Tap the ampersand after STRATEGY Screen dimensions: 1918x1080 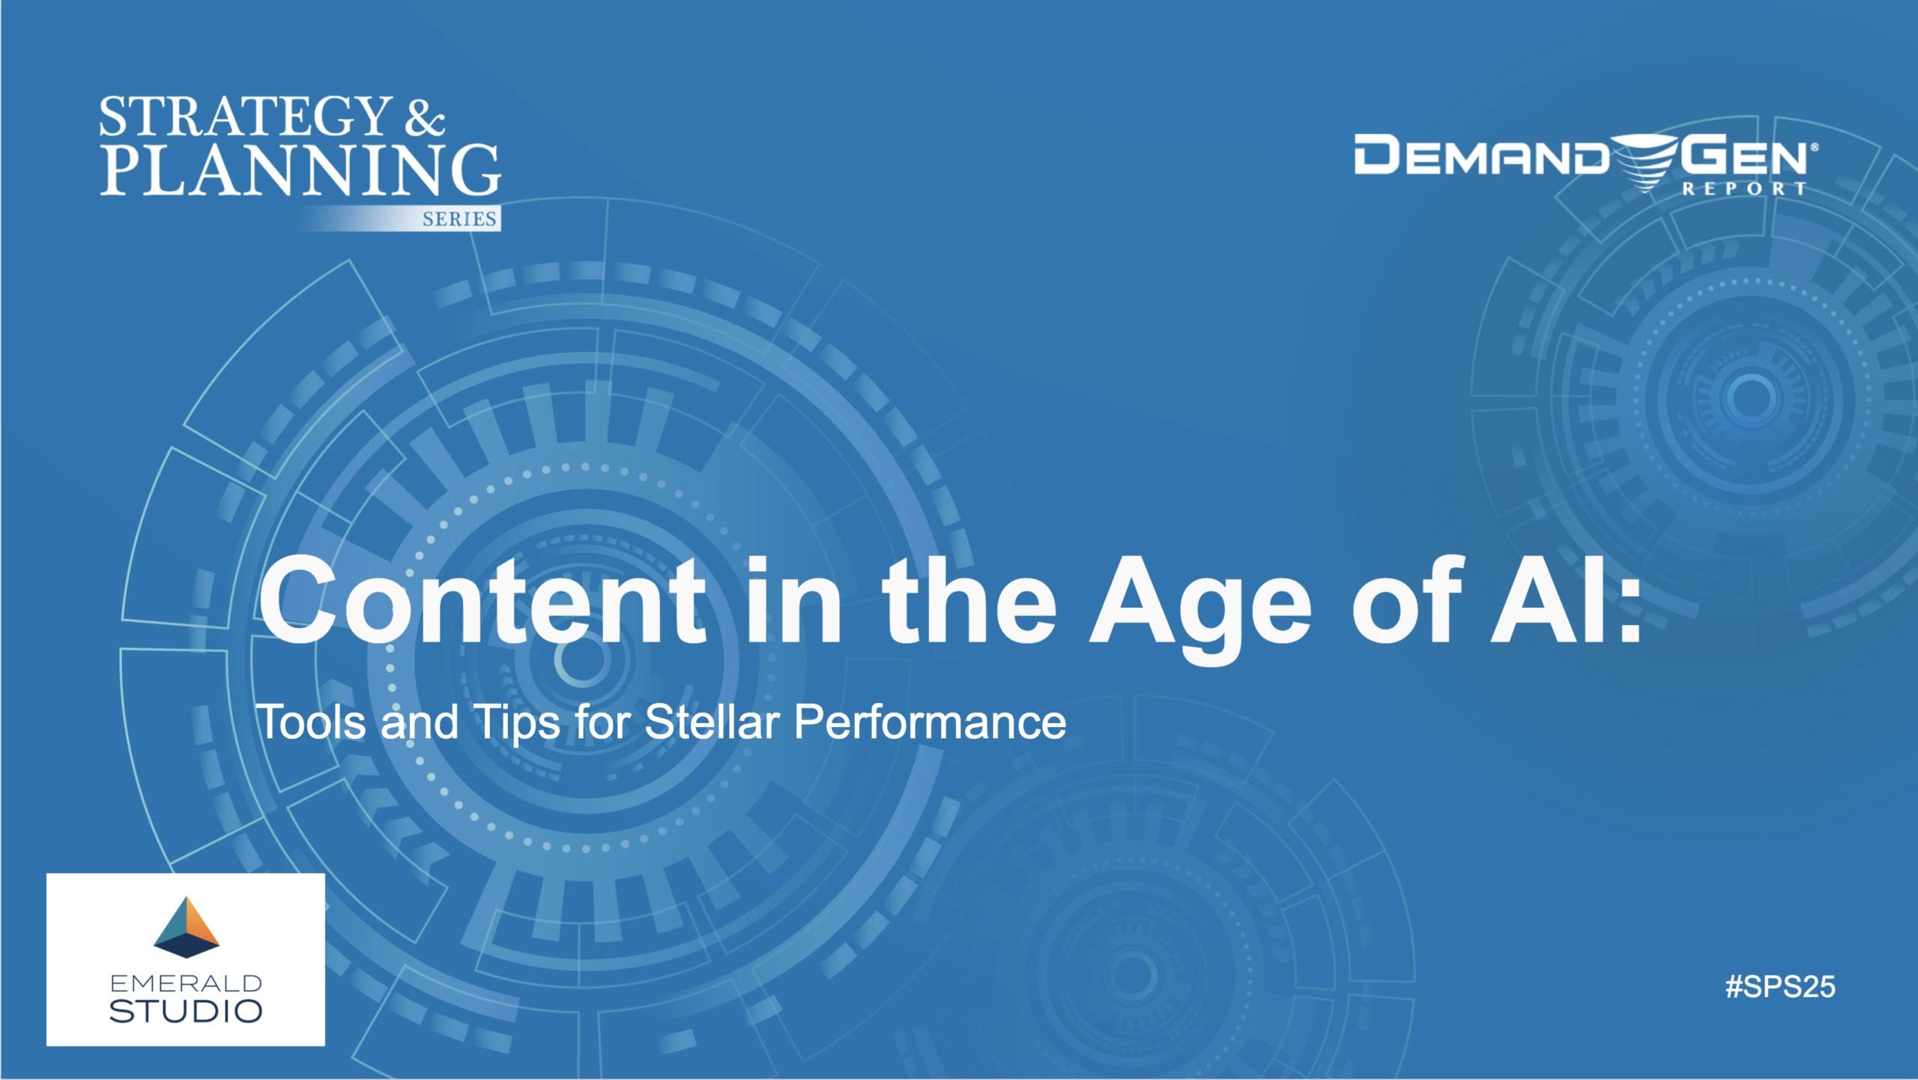(425, 118)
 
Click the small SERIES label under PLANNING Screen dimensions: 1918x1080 (459, 219)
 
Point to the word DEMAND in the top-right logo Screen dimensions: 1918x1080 (1481, 155)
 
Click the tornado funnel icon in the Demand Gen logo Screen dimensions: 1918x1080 (1646, 162)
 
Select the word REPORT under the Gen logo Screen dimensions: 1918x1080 (1744, 189)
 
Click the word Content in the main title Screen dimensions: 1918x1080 (482, 600)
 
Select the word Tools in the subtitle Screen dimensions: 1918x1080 (312, 722)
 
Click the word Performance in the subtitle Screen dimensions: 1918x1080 (930, 722)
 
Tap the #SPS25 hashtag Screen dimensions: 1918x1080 (1780, 987)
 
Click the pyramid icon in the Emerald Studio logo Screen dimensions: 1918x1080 (187, 927)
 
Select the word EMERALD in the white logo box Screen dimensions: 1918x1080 (186, 983)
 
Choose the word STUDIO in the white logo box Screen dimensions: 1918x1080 (186, 1012)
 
